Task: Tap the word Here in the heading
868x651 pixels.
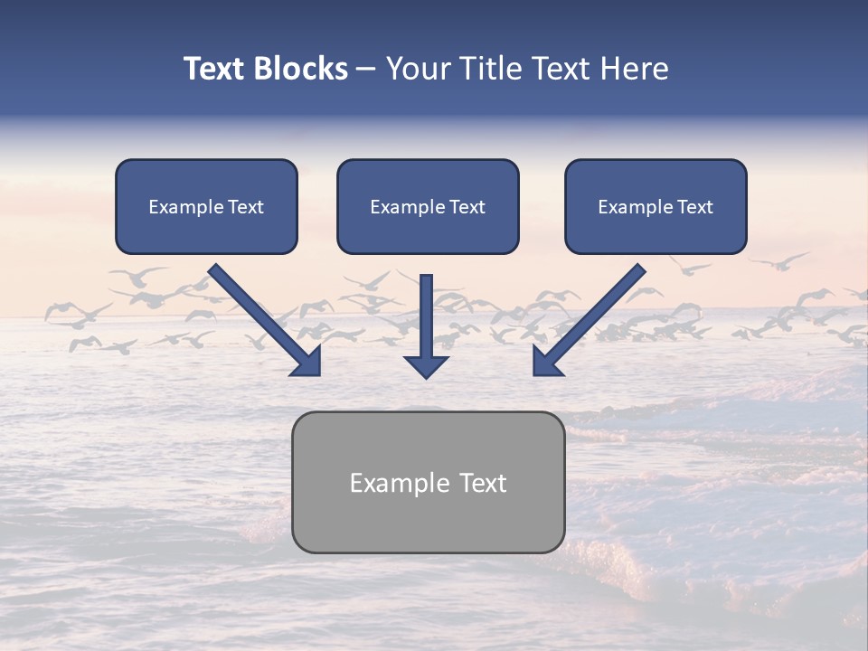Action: [x=632, y=69]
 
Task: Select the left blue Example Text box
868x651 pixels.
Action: [x=206, y=207]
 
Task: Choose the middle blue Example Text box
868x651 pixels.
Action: [x=428, y=207]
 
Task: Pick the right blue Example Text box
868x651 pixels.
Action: [x=656, y=207]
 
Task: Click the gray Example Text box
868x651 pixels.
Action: [x=428, y=482]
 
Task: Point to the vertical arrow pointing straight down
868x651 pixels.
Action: [x=427, y=316]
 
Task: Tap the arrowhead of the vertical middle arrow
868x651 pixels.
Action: [x=427, y=365]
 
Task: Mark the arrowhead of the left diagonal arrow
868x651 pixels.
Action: [x=307, y=361]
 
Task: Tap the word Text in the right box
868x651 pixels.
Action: [x=694, y=207]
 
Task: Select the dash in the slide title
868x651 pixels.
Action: [x=366, y=70]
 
